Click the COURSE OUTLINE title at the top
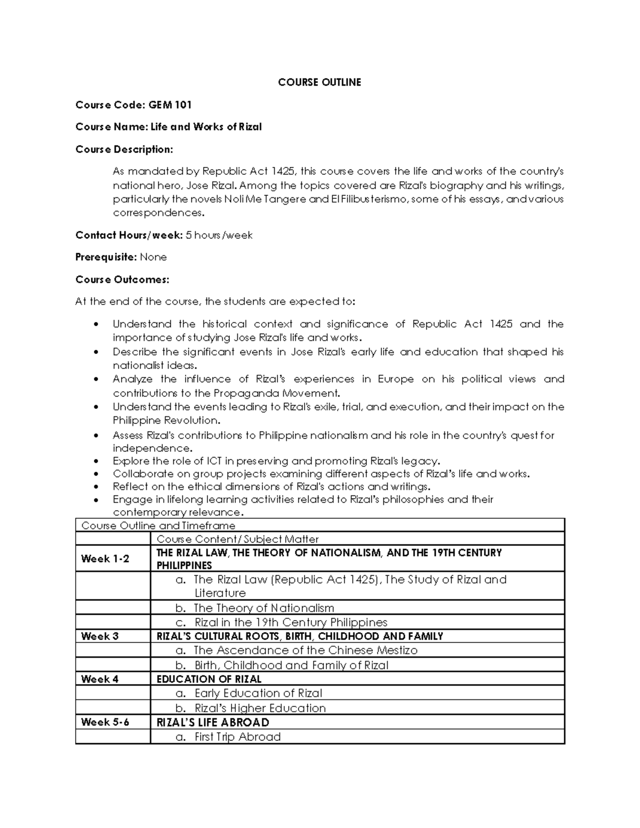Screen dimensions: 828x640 click(x=319, y=82)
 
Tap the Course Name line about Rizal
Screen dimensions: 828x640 click(x=169, y=127)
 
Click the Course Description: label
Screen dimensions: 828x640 click(x=124, y=149)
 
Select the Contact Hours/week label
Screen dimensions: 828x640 click(x=129, y=235)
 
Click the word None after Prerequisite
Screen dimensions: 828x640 click(x=153, y=257)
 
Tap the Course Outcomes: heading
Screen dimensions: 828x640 click(x=122, y=279)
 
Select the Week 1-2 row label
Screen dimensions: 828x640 click(x=105, y=559)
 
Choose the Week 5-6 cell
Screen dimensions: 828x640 click(x=105, y=722)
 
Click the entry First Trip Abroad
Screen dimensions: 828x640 click(x=237, y=737)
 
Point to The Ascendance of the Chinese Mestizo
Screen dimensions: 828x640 click(x=305, y=650)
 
